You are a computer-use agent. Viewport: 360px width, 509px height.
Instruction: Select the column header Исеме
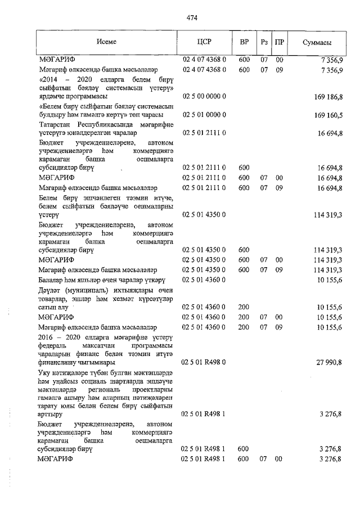[106, 42]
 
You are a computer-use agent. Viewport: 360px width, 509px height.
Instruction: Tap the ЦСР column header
[204, 42]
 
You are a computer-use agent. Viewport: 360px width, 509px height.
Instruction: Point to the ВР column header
[244, 42]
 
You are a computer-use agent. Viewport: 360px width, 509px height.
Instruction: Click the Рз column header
[264, 42]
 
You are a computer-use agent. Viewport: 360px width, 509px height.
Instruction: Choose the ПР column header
[279, 42]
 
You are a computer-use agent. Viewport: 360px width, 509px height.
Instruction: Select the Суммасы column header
[316, 42]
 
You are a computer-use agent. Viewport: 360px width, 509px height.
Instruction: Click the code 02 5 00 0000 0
[204, 97]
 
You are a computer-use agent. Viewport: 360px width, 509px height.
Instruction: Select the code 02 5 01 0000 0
[204, 115]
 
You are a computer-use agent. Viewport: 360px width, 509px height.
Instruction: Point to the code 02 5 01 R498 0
[204, 363]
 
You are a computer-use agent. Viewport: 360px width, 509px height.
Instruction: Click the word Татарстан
[56, 124]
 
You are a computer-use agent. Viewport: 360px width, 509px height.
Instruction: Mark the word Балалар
[51, 280]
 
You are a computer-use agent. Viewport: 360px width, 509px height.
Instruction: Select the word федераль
[52, 345]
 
